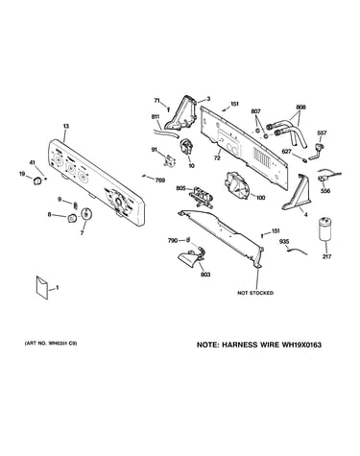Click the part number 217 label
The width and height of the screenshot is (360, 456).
326,256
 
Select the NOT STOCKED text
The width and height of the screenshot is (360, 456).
255,293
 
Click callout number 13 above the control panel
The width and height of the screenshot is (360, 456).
65,127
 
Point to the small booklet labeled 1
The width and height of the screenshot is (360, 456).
42,288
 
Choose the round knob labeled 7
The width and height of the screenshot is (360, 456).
85,214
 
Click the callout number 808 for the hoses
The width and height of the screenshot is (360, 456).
300,108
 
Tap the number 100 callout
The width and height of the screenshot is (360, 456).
260,198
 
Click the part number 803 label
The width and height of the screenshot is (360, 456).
205,275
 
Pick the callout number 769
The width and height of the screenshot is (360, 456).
160,180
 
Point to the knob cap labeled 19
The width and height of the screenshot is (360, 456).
37,180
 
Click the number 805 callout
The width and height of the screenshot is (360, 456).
180,188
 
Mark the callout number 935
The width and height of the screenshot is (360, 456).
284,242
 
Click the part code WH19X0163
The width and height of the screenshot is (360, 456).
301,345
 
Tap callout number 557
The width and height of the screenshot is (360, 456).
322,133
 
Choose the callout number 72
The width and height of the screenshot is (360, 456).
217,158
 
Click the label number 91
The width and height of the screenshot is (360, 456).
155,150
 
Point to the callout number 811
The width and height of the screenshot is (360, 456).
156,117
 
